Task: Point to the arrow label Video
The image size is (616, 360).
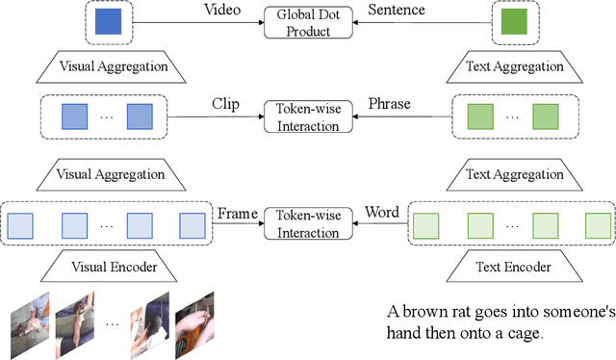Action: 222,10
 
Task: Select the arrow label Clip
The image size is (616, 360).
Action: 225,104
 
